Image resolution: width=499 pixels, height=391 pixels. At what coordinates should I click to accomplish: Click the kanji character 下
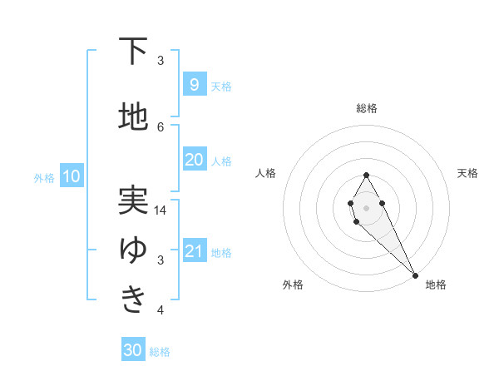pyautogui.click(x=132, y=52)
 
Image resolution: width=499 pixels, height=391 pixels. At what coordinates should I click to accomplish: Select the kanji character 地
pyautogui.click(x=132, y=117)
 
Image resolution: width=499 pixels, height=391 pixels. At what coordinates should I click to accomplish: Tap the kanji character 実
pyautogui.click(x=132, y=200)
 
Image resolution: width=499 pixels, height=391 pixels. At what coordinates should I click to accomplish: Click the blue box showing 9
pyautogui.click(x=194, y=85)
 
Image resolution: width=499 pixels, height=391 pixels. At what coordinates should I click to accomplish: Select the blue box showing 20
pyautogui.click(x=194, y=160)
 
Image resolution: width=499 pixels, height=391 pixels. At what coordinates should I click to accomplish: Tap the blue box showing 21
pyautogui.click(x=194, y=251)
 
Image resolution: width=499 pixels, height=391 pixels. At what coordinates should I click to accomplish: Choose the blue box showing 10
pyautogui.click(x=71, y=176)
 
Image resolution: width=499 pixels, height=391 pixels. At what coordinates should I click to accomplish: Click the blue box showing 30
pyautogui.click(x=133, y=350)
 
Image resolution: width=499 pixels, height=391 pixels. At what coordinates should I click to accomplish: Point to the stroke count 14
pyautogui.click(x=161, y=210)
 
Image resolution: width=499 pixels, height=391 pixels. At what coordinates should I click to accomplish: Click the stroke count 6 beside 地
pyautogui.click(x=161, y=126)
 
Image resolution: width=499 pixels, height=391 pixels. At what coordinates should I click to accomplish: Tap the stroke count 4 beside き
pyautogui.click(x=161, y=310)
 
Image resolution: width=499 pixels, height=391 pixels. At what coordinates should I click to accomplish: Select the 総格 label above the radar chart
pyautogui.click(x=366, y=108)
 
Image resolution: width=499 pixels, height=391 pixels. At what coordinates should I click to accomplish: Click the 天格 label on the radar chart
pyautogui.click(x=467, y=173)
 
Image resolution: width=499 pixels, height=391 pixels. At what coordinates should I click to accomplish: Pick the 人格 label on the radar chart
pyautogui.click(x=265, y=173)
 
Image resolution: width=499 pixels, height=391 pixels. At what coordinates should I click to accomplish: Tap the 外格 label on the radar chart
pyautogui.click(x=292, y=285)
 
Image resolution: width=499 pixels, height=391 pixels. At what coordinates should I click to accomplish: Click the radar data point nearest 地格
pyautogui.click(x=415, y=275)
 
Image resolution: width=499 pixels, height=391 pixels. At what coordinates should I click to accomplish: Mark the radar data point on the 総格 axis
pyautogui.click(x=366, y=175)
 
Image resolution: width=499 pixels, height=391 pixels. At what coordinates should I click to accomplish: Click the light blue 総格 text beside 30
pyautogui.click(x=160, y=352)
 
